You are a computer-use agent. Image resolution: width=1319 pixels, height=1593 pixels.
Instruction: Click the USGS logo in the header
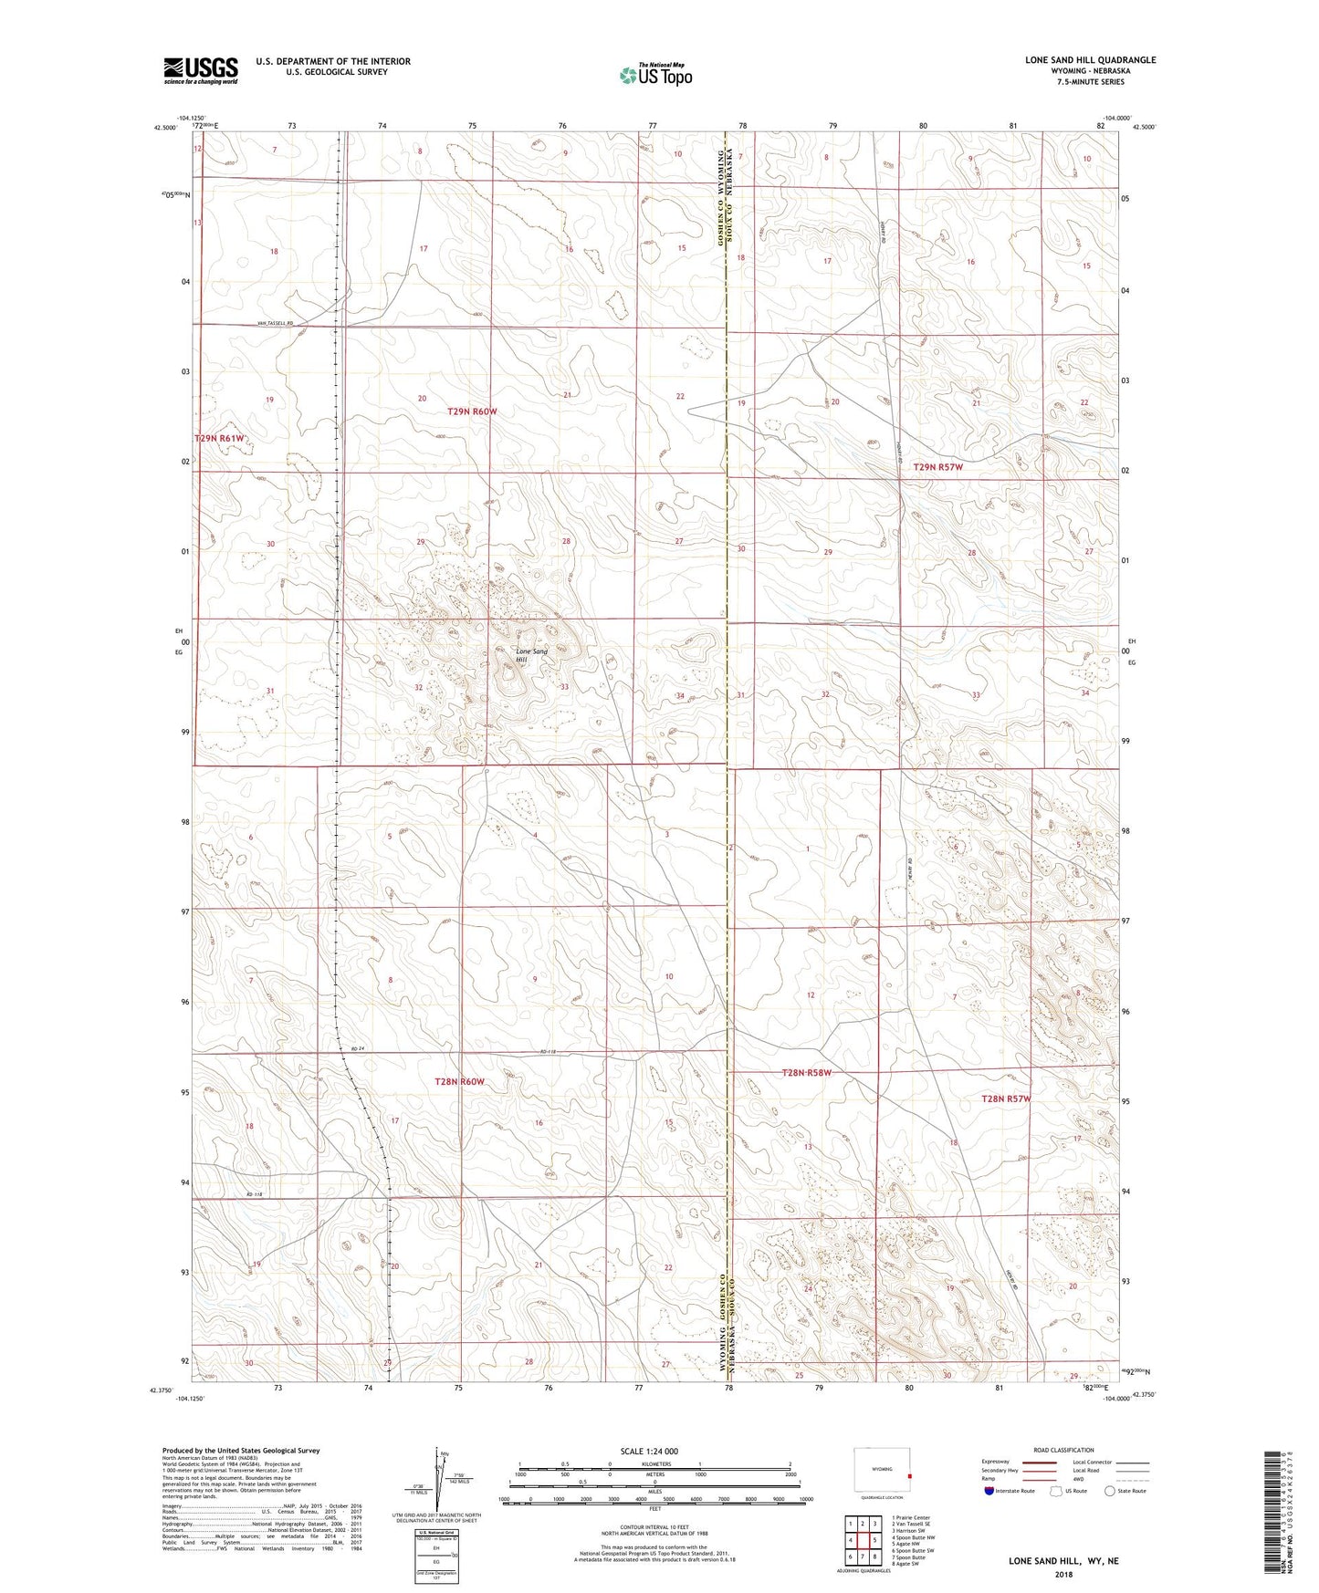pyautogui.click(x=200, y=69)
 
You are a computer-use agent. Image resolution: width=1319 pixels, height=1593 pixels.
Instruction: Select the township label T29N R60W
pyautogui.click(x=472, y=411)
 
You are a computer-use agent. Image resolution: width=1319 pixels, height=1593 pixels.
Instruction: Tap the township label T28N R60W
pyautogui.click(x=459, y=1082)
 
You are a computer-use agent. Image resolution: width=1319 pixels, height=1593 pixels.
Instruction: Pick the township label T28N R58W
pyautogui.click(x=807, y=1073)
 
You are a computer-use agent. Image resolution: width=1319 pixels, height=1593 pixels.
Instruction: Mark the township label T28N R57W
pyautogui.click(x=1006, y=1098)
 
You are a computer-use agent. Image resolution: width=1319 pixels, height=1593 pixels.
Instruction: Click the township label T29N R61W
pyautogui.click(x=220, y=439)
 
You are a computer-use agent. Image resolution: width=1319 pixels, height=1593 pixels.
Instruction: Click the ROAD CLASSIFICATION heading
pyautogui.click(x=1064, y=1450)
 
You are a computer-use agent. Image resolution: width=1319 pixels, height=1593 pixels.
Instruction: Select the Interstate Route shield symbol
pyautogui.click(x=989, y=1491)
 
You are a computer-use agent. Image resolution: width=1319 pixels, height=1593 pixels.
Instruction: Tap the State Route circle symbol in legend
pyautogui.click(x=1110, y=1491)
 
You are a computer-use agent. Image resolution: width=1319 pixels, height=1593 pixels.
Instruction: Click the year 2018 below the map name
pyautogui.click(x=1063, y=1574)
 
